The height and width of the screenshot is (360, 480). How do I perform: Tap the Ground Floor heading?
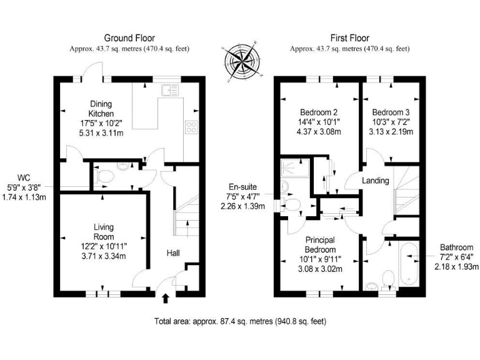coord(129,38)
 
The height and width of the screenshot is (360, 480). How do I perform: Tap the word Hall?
coord(173,253)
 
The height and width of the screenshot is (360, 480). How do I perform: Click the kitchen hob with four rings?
coord(191,128)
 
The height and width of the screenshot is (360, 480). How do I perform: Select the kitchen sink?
coord(169,91)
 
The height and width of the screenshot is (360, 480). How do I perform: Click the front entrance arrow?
coord(165,299)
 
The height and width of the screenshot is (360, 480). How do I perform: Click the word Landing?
coord(376,181)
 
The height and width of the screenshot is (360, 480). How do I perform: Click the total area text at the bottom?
coord(240,321)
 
